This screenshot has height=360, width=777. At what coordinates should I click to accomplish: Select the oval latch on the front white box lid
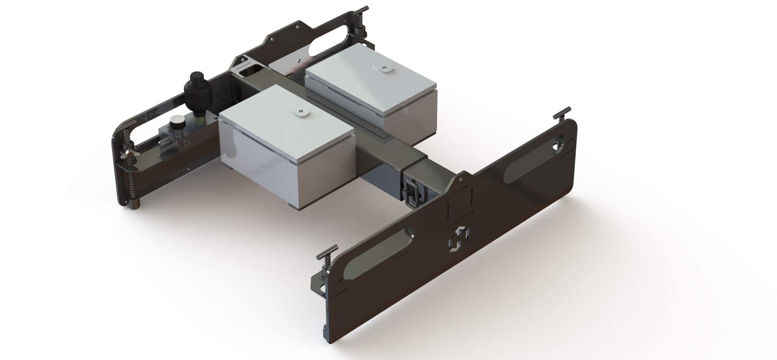tap(300, 112)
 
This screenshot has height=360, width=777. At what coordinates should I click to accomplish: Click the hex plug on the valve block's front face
tap(164, 143)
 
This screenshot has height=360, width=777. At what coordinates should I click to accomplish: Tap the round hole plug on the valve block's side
tap(185, 143)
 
